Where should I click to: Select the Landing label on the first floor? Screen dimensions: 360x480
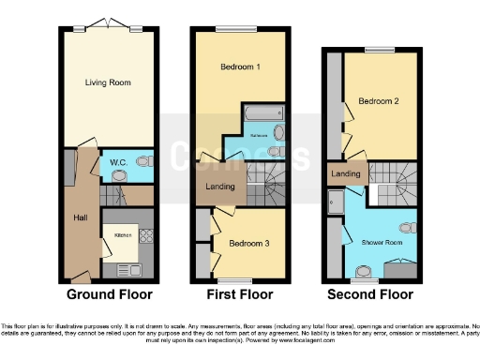pyautogui.click(x=219, y=187)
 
